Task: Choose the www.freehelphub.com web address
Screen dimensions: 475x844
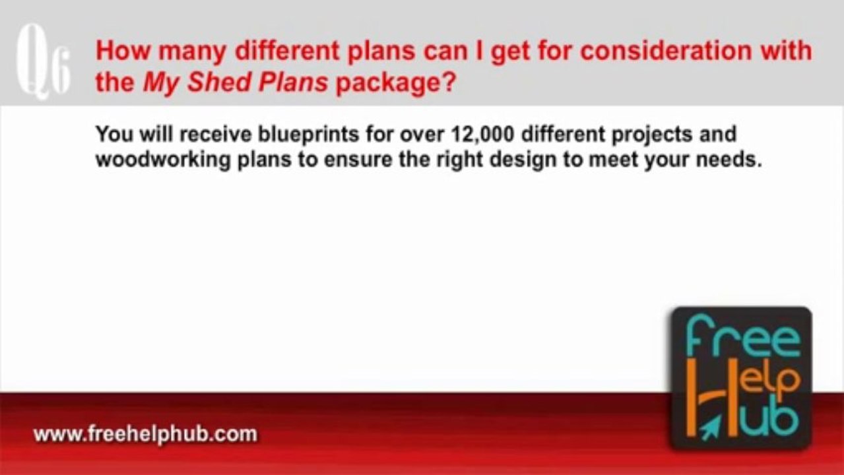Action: click(145, 435)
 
